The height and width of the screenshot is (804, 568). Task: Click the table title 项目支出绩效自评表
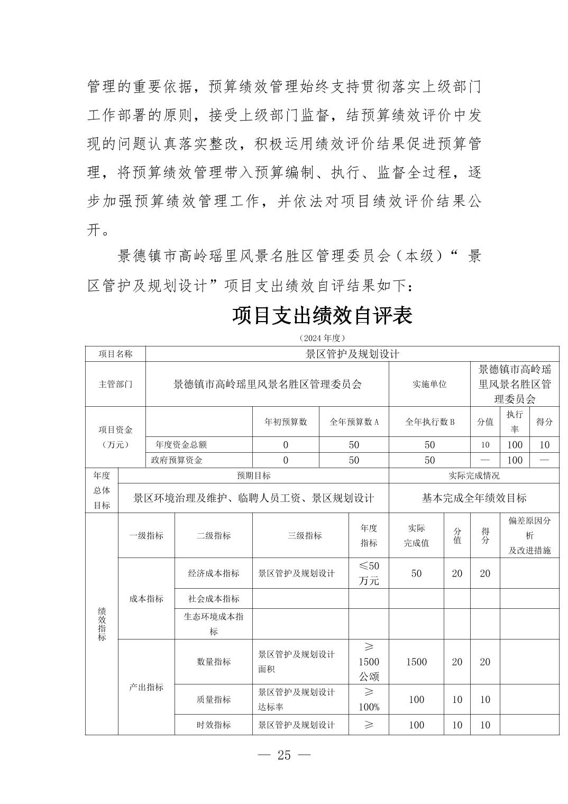coord(322,316)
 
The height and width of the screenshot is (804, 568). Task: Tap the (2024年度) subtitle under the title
coord(322,337)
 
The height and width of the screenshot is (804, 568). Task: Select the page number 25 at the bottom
coord(284,755)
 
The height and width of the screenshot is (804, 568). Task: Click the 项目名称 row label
coord(115,354)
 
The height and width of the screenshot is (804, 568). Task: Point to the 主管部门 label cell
coord(115,384)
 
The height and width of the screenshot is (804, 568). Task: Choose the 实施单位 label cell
coord(429,384)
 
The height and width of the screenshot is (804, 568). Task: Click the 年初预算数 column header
coord(286,422)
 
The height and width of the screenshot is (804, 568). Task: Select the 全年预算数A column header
coord(354,422)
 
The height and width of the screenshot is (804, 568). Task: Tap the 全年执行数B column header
coord(429,422)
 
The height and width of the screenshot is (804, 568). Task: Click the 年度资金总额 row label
coord(181,445)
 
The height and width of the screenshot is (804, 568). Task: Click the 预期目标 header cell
coord(253,476)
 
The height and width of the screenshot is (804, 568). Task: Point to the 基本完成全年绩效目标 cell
coord(474,498)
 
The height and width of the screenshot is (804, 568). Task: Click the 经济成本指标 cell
coord(214,573)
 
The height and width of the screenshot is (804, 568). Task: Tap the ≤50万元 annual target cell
coord(369,573)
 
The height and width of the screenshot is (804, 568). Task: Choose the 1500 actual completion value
coord(416,662)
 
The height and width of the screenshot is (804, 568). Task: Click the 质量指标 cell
coord(214,699)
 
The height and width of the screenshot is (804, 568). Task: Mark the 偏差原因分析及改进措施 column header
coord(529,535)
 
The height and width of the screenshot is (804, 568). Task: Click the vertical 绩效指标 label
coord(102,624)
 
